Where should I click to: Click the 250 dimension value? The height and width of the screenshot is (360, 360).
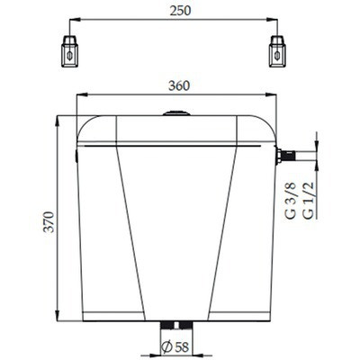pyautogui.click(x=180, y=11)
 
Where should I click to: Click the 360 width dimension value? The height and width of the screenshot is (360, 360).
pyautogui.click(x=179, y=85)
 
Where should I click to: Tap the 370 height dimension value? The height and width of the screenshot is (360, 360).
pyautogui.click(x=49, y=222)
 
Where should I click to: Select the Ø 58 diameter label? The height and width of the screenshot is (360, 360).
pyautogui.click(x=175, y=347)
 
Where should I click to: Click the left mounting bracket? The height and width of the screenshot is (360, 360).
pyautogui.click(x=69, y=51)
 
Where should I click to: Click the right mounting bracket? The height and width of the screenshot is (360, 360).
pyautogui.click(x=277, y=51)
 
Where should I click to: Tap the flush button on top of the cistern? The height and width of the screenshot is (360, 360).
pyautogui.click(x=176, y=113)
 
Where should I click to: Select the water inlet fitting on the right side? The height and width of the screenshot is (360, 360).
pyautogui.click(x=285, y=157)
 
